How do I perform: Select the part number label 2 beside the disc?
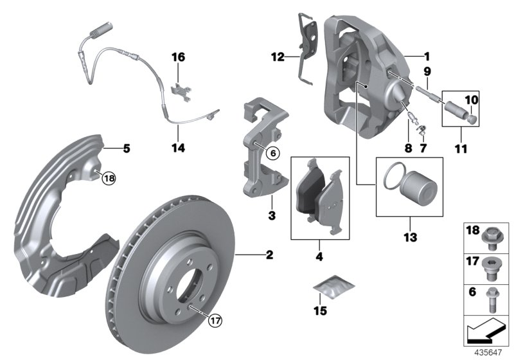[270, 256]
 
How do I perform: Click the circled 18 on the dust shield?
[108, 179]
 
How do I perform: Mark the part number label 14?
[178, 148]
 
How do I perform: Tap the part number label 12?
[277, 57]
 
